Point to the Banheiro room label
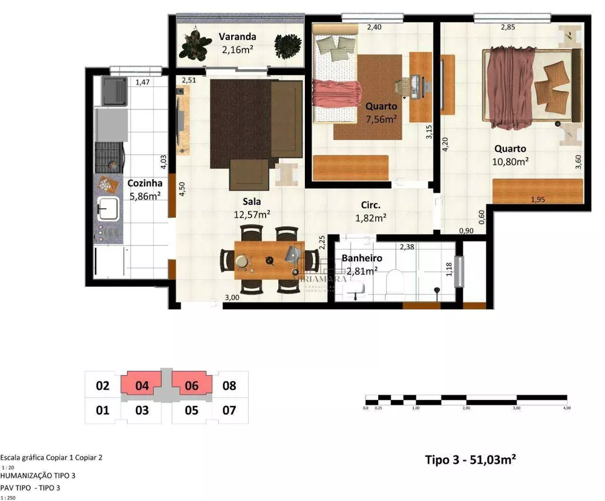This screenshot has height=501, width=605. click(x=362, y=258)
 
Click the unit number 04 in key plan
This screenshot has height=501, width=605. click(x=142, y=385)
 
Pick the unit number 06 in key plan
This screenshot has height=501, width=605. click(x=191, y=385)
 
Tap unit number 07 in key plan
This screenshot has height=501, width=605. click(x=229, y=410)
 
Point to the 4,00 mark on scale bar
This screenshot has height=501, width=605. click(x=566, y=408)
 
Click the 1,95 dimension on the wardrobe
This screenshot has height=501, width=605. click(x=537, y=200)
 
